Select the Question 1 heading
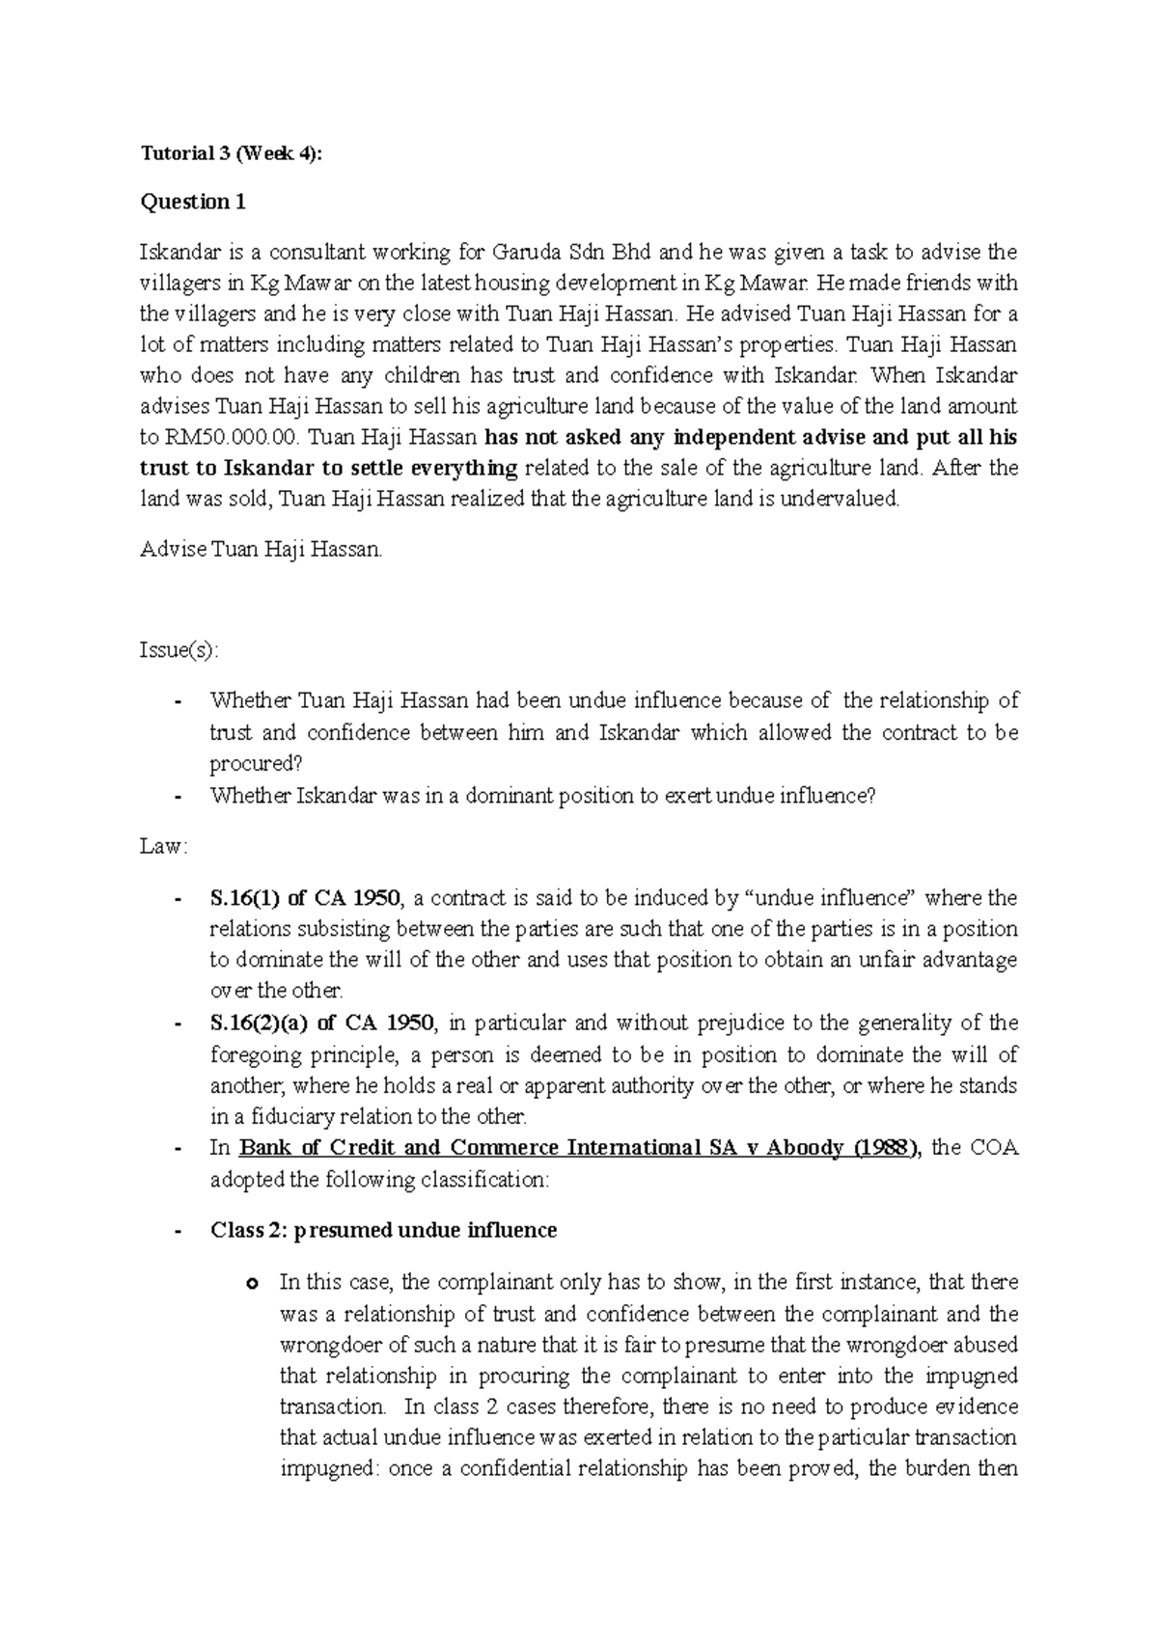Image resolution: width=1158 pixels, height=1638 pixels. pos(193,202)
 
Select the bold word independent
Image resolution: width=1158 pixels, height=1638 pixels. pos(757,437)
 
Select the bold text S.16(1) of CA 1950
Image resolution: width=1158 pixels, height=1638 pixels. pos(304,898)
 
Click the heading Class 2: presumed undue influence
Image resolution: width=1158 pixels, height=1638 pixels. pos(383,1231)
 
